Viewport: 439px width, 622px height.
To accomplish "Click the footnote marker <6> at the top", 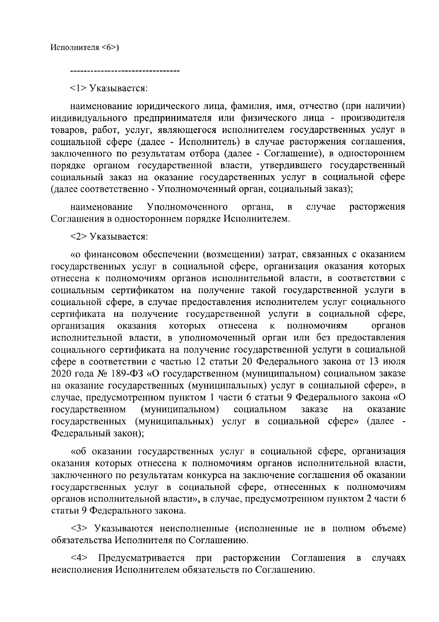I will pyautogui.click(x=109, y=48).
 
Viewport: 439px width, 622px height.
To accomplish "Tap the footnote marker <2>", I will pyautogui.click(x=78, y=237).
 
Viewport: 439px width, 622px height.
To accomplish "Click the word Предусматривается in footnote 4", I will pyautogui.click(x=142, y=558).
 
